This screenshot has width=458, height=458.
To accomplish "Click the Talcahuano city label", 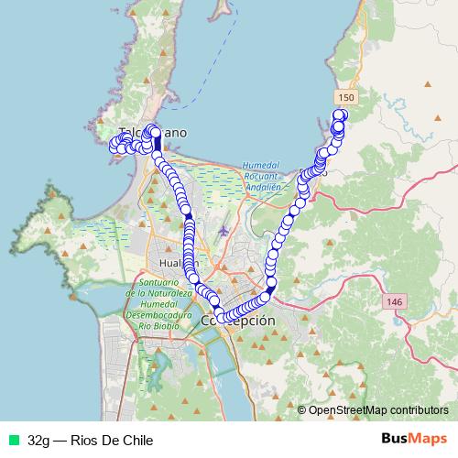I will (x=153, y=133).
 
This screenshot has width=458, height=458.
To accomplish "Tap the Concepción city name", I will (x=237, y=322).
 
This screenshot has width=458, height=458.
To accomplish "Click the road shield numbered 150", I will (x=346, y=97).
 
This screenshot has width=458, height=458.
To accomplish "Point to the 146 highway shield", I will (x=395, y=301).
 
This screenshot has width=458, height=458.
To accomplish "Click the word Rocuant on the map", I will (x=259, y=175).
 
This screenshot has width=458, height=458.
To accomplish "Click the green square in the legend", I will (x=14, y=440).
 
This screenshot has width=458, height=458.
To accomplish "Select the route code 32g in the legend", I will (x=39, y=440).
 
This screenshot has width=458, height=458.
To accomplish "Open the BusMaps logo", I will (x=414, y=439).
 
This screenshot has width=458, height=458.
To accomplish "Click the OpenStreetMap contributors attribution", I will (x=378, y=410).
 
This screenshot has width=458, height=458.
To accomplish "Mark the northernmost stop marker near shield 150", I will (x=340, y=115).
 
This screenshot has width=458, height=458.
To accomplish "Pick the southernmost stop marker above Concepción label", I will (x=220, y=318).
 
